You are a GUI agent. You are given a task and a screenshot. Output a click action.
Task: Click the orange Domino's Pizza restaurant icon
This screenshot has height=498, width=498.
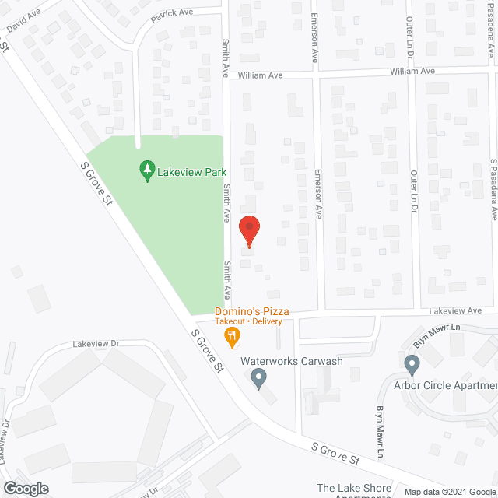(x=231, y=337)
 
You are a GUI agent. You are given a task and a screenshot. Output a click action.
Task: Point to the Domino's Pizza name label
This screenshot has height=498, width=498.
(x=253, y=311)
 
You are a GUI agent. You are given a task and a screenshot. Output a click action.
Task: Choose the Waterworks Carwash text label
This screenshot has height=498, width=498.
(x=291, y=361)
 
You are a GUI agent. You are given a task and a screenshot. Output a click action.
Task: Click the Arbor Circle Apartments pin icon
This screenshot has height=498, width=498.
(x=412, y=363)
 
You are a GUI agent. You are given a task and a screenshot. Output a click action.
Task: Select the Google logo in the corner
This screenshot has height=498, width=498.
(x=25, y=488)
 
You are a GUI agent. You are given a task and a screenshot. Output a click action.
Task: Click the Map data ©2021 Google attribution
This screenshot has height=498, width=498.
(x=449, y=491)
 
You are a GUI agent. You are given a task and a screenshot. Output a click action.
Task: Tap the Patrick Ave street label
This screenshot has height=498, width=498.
(x=171, y=15)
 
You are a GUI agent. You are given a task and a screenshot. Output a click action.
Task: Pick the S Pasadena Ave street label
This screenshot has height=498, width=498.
(x=493, y=188)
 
